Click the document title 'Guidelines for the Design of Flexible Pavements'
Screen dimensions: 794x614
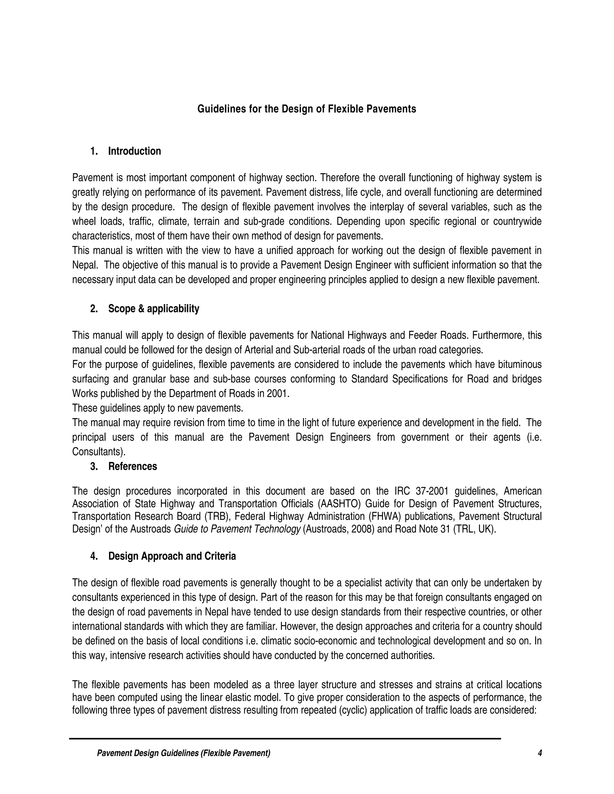306,109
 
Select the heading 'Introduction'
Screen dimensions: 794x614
134,151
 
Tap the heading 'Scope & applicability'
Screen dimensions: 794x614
153,309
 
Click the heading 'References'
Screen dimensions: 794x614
133,467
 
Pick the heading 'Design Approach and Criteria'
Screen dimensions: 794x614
172,556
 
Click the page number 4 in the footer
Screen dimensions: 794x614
540,753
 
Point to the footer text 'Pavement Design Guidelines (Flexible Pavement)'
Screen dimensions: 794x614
184,753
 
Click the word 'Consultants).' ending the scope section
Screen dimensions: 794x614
99,452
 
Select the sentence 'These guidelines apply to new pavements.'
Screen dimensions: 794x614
157,408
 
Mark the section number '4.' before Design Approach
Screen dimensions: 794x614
94,556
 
